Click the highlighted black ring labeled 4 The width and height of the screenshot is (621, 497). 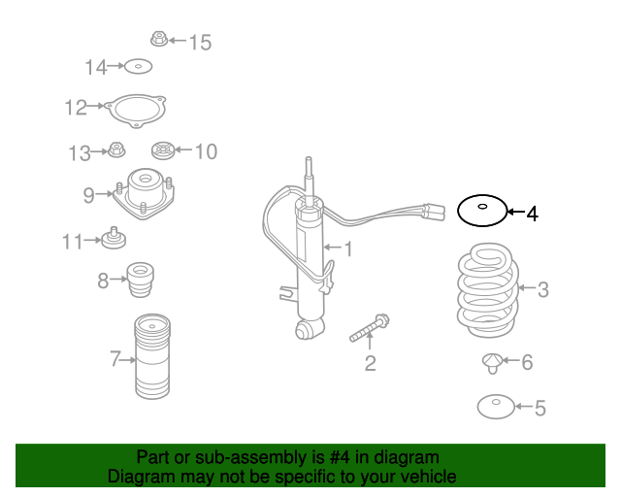click(x=459, y=211)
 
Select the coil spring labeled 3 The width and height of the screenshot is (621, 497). click(x=488, y=291)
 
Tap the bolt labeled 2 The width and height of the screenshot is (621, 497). click(x=370, y=328)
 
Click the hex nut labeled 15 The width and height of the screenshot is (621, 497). click(x=159, y=39)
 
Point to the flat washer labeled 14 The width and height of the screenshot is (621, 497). click(x=138, y=67)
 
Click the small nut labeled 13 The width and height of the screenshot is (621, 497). click(x=116, y=149)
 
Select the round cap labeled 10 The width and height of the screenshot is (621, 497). click(x=163, y=150)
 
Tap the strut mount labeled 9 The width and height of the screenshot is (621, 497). click(x=144, y=193)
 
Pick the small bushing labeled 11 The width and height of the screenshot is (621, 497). click(x=114, y=239)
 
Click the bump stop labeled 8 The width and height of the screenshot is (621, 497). click(x=140, y=280)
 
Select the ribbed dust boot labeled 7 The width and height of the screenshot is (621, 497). click(x=152, y=356)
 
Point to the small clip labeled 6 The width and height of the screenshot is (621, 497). click(x=492, y=363)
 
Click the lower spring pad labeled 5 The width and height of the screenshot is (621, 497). click(x=496, y=407)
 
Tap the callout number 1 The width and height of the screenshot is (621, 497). click(x=348, y=249)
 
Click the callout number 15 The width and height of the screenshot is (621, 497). click(x=201, y=43)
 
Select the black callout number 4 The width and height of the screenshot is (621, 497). click(x=533, y=214)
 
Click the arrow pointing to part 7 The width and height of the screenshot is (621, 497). click(x=127, y=360)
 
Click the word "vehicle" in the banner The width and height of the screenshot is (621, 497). click(x=431, y=477)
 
